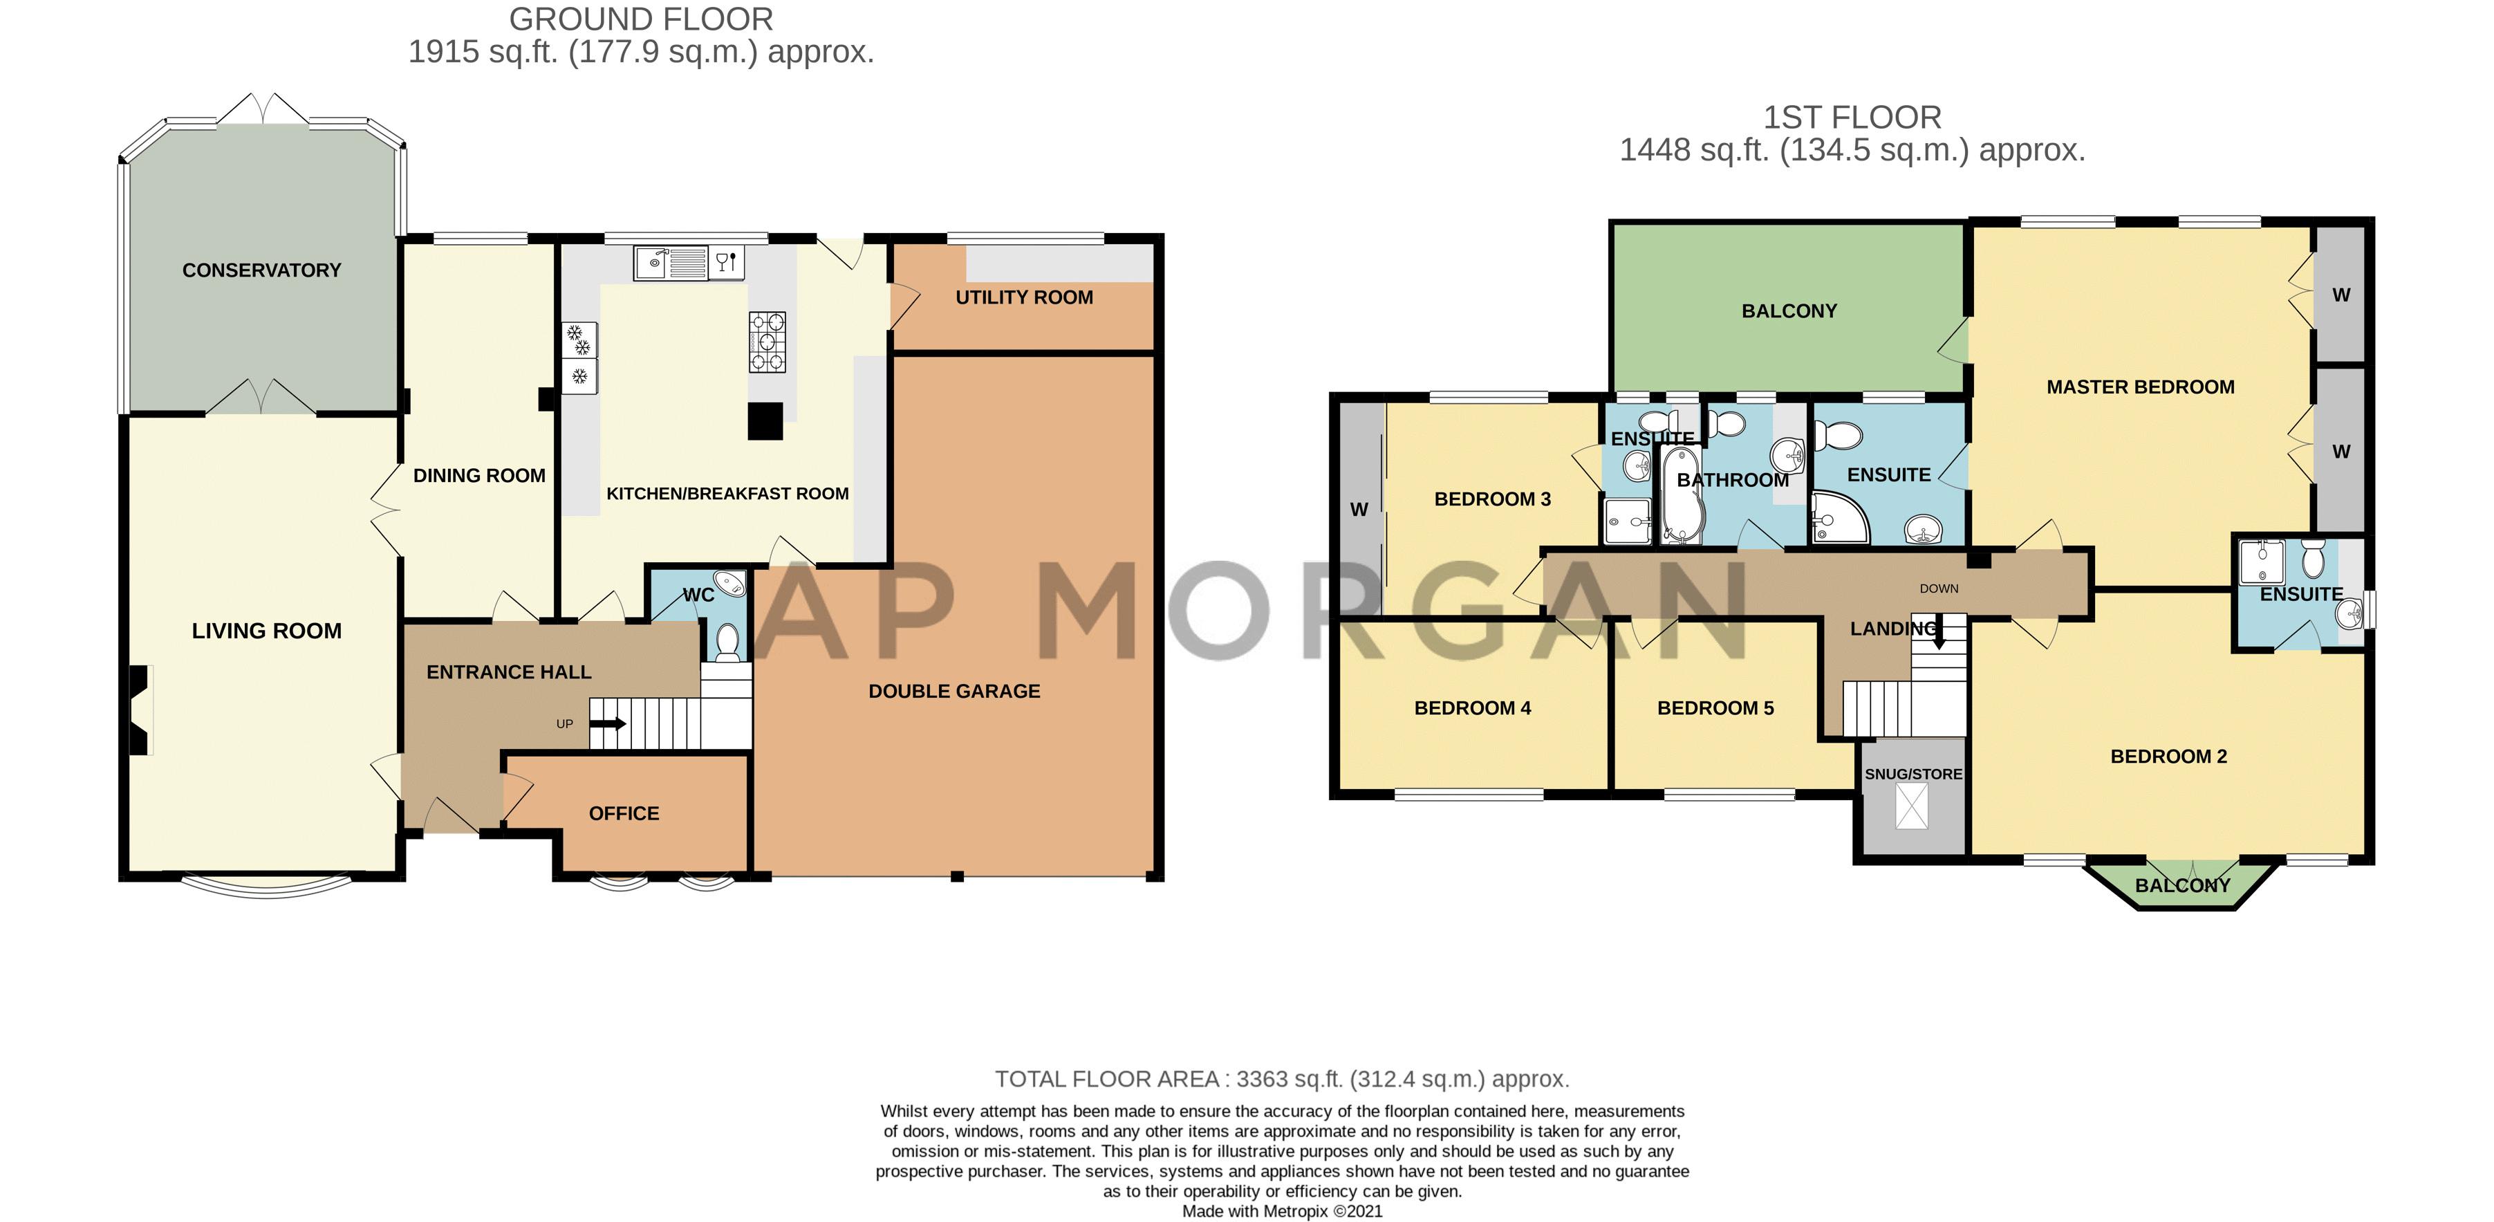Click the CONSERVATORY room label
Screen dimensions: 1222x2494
coord(261,270)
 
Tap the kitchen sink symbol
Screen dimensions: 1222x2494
coord(670,262)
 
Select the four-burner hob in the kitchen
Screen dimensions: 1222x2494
coord(767,342)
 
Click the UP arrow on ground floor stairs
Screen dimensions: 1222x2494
coord(608,723)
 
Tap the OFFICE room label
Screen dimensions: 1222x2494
coord(624,813)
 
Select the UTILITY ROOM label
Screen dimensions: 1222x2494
coord(1023,297)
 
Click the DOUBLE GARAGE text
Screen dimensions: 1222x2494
coord(953,692)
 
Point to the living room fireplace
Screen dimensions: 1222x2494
coord(140,710)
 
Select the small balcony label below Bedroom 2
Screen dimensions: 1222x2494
coord(2181,885)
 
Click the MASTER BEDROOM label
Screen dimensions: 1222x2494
coord(2140,387)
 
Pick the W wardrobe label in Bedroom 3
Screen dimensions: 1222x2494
coord(1359,510)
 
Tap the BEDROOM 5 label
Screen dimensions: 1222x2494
coord(1715,708)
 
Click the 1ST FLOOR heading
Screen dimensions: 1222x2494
coord(1851,117)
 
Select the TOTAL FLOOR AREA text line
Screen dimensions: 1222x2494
coord(1282,1079)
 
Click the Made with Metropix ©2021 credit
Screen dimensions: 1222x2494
coord(1282,1212)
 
